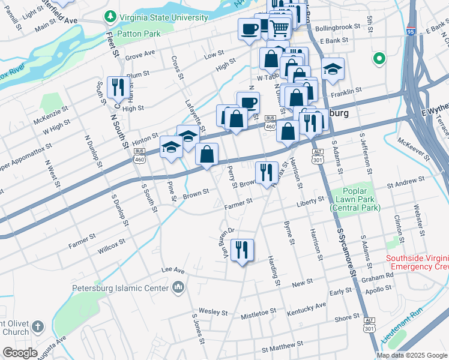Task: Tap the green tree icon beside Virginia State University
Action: tap(109, 17)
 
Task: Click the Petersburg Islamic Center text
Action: tap(120, 288)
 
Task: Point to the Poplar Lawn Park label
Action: tap(355, 203)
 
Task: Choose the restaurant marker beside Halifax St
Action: tap(266, 172)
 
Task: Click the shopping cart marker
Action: tap(279, 27)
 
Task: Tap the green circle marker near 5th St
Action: tap(378, 59)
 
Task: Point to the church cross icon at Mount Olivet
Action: tap(37, 327)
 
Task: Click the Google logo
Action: tap(20, 352)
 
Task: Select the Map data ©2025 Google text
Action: tap(412, 355)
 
